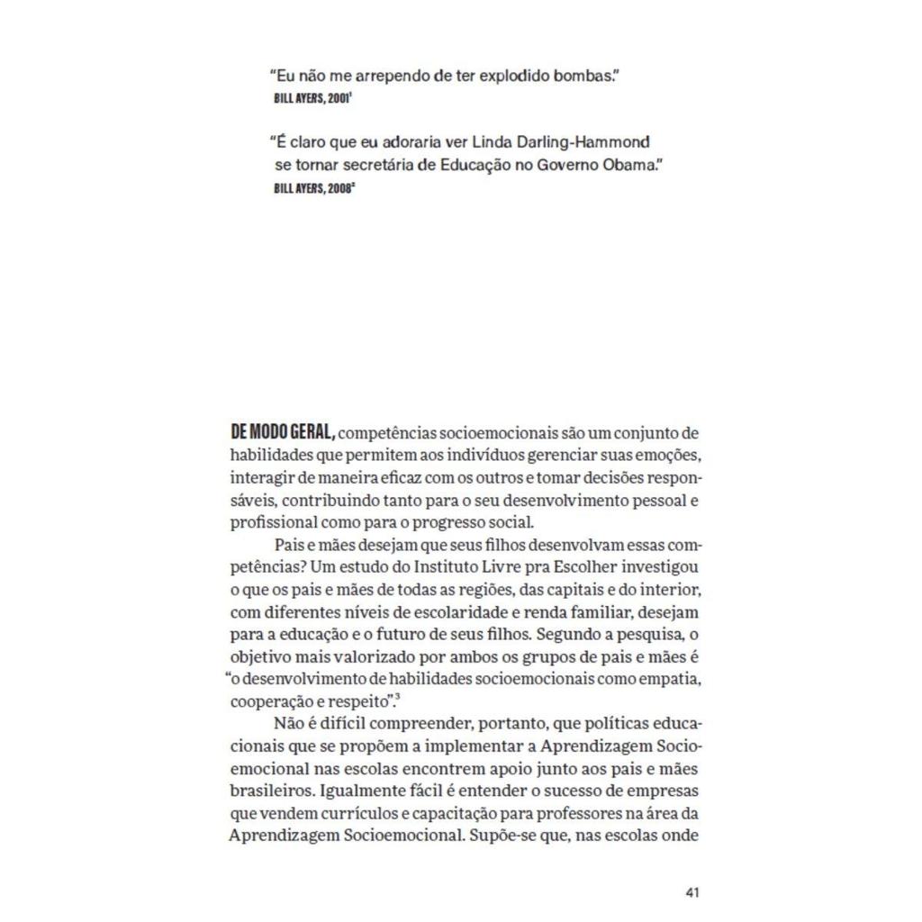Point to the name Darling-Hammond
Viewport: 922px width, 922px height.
pyautogui.click(x=592, y=142)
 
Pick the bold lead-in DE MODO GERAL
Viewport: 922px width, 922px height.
pyautogui.click(x=283, y=433)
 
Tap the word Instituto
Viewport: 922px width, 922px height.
pyautogui.click(x=445, y=567)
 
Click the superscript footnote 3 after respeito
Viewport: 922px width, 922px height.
pyautogui.click(x=397, y=694)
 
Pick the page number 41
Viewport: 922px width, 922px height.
pyautogui.click(x=692, y=892)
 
